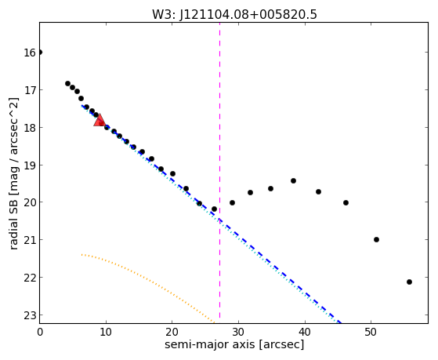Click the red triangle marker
click(x=100, y=121)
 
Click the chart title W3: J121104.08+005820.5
click(x=234, y=15)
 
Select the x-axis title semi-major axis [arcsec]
click(x=234, y=344)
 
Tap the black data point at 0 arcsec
click(x=40, y=53)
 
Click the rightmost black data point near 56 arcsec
click(x=409, y=282)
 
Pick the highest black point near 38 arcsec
click(x=293, y=180)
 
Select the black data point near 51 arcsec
click(x=376, y=239)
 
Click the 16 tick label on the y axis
click(x=29, y=53)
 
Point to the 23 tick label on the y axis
click(x=29, y=315)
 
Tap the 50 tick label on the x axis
click(x=371, y=332)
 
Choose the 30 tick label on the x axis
click(x=238, y=332)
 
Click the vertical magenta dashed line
click(x=220, y=170)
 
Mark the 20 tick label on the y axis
click(x=29, y=202)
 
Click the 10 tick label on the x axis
click(x=106, y=332)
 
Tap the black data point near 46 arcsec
click(x=346, y=202)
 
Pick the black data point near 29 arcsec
click(x=232, y=202)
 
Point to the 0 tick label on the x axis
click(x=40, y=332)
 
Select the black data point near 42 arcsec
click(x=318, y=191)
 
